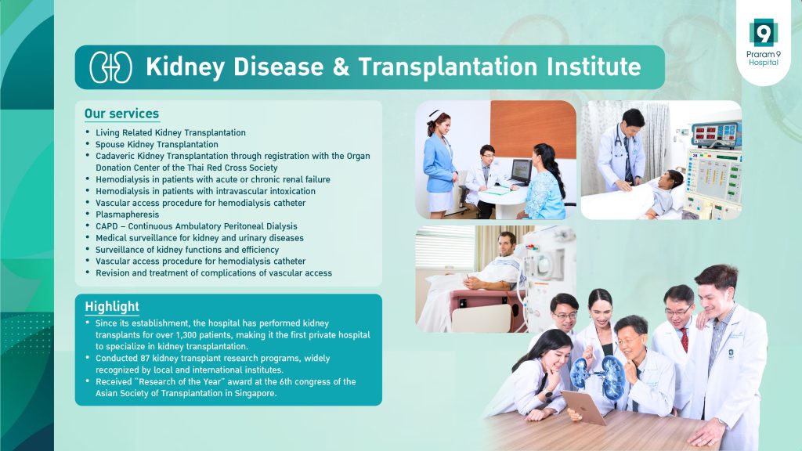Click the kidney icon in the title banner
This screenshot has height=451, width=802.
tap(111, 67)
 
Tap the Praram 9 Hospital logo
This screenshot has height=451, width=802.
tap(763, 42)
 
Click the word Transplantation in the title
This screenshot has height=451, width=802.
tap(448, 67)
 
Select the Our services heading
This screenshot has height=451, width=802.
tap(121, 114)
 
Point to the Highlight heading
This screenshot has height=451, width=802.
tap(112, 306)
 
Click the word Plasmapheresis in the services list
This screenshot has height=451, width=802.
tap(128, 215)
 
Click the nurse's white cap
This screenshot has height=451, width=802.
tap(435, 114)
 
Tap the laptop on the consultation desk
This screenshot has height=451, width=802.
tap(521, 172)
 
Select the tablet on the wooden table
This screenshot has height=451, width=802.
tap(584, 407)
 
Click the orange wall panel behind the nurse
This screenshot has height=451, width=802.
tap(533, 129)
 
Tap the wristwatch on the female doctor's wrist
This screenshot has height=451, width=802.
tap(547, 395)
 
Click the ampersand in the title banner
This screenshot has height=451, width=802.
tap(341, 67)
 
